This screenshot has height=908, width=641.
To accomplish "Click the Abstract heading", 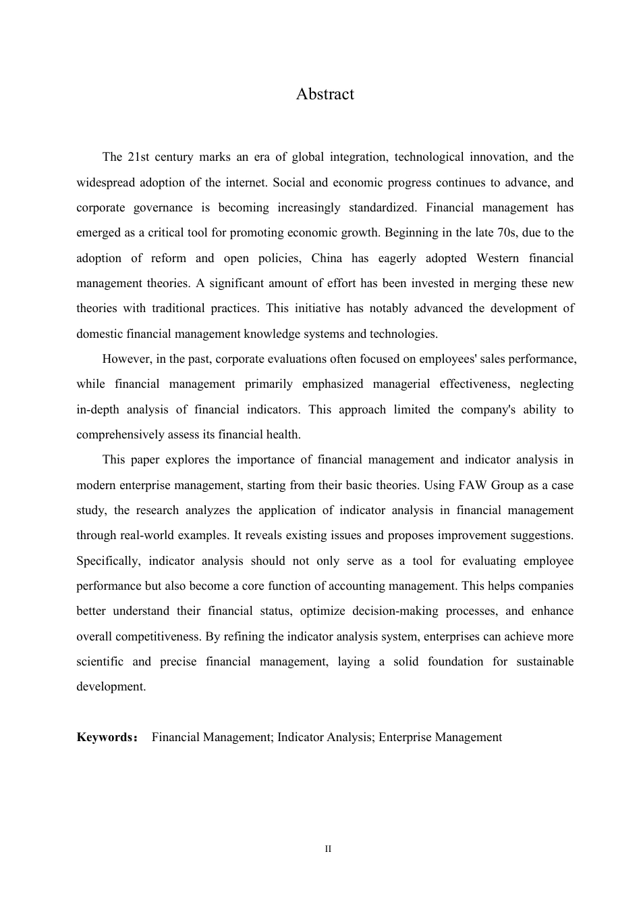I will [325, 94].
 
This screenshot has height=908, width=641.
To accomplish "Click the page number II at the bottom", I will [328, 849].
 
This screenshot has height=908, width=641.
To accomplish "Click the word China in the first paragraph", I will [327, 258].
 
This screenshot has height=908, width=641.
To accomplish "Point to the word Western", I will [497, 258].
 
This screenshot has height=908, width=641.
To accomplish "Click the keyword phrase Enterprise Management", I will [440, 737].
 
